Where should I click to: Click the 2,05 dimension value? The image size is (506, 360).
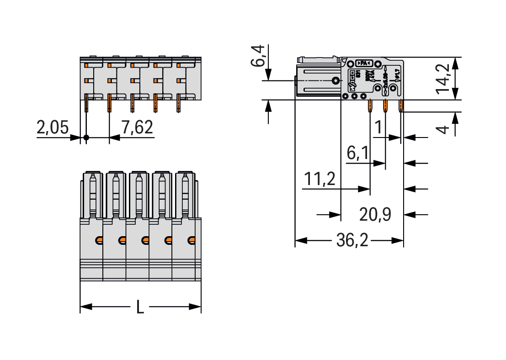[53, 128]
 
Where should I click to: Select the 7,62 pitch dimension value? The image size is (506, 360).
[137, 127]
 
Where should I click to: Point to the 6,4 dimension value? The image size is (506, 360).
[259, 56]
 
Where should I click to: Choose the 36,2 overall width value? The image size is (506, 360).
[352, 240]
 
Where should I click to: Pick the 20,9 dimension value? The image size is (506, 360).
[375, 214]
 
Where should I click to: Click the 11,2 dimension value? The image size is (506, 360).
[320, 179]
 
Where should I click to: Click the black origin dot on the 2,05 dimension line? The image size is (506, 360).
[86, 137]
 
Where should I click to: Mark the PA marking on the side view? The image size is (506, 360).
[364, 63]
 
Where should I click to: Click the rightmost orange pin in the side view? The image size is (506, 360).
[400, 106]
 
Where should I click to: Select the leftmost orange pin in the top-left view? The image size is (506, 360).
[86, 103]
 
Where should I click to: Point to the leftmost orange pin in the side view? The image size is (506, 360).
[370, 106]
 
